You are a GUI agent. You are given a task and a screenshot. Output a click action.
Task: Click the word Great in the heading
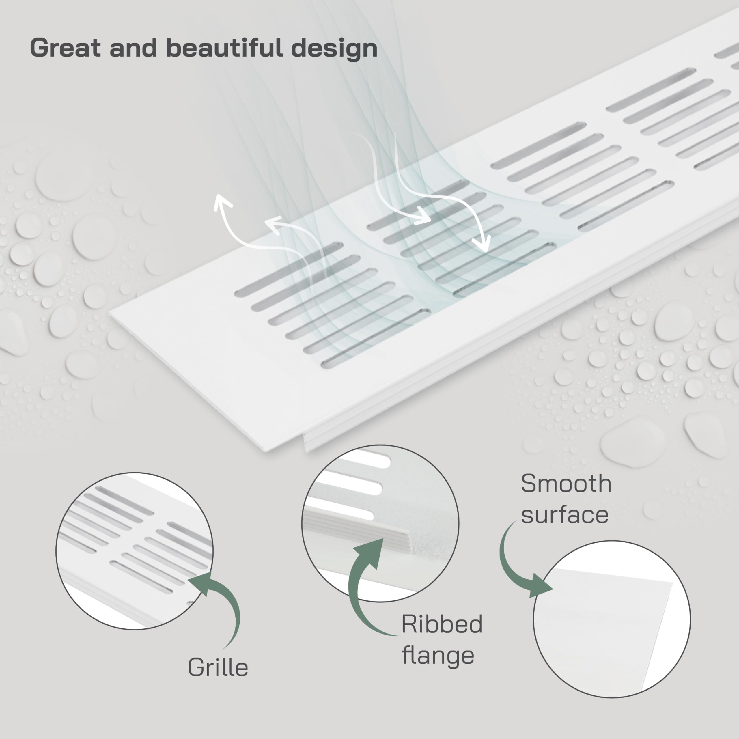tap(66, 48)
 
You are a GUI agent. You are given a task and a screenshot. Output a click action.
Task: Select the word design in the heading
tap(334, 48)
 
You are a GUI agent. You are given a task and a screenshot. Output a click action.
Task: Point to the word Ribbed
tap(442, 624)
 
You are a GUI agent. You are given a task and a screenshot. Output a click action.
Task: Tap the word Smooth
tap(566, 484)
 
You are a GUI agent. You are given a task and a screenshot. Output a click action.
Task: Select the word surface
tap(565, 515)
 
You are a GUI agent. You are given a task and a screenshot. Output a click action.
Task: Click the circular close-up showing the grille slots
tap(134, 551)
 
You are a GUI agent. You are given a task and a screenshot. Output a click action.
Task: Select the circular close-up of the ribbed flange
tap(380, 523)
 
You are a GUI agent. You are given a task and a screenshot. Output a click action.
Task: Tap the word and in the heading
tap(133, 48)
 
